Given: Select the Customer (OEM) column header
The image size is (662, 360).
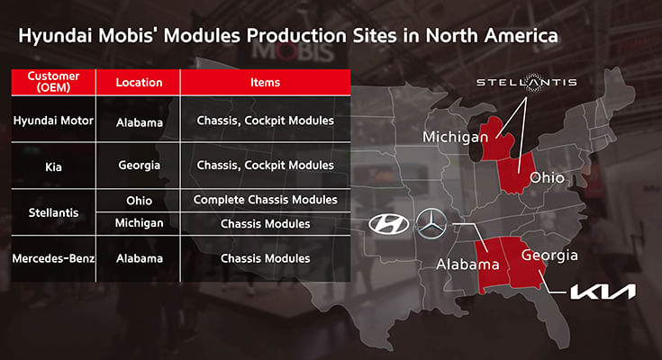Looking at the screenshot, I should click(53, 82).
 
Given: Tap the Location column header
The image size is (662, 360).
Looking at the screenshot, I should click(139, 82).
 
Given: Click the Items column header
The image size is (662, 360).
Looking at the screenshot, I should click(265, 82).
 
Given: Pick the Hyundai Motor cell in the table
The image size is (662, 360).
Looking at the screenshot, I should click(53, 121).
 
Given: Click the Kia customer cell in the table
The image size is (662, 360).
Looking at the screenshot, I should click(53, 165).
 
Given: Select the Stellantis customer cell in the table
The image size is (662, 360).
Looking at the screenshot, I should click(53, 211).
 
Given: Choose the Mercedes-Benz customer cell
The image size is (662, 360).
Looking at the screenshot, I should click(53, 258).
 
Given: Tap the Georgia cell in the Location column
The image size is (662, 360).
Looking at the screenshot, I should click(139, 165).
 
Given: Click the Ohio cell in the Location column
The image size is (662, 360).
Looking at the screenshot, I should click(139, 199).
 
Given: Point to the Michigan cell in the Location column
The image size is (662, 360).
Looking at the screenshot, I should click(139, 222).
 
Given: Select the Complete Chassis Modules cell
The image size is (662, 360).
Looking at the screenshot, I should click(265, 199).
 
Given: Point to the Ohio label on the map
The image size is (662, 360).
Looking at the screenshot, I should click(546, 177).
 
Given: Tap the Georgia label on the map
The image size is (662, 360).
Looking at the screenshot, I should click(547, 256).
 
